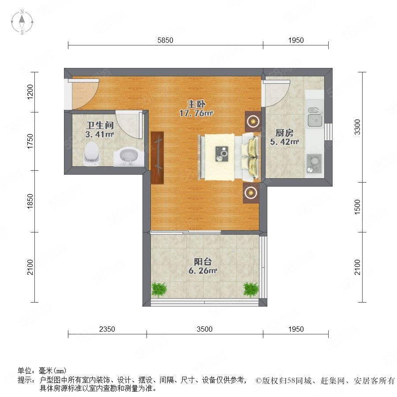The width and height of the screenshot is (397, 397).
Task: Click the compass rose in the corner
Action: (22, 22)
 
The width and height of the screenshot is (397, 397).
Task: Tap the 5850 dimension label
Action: (165, 40)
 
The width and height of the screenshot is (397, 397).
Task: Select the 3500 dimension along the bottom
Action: (205, 329)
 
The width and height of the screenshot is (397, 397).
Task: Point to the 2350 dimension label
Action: (107, 329)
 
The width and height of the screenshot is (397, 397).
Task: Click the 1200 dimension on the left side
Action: (30, 92)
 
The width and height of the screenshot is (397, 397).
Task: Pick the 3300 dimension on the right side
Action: (357, 127)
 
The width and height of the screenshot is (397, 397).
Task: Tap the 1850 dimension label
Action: (30, 201)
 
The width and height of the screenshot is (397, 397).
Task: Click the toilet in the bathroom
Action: (91, 154)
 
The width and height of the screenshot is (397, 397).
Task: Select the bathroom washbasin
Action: (129, 157)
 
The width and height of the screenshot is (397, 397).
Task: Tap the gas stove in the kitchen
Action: (314, 164)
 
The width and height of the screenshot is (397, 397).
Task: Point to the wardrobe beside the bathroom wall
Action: (157, 158)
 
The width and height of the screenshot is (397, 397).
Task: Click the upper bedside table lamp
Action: (253, 121)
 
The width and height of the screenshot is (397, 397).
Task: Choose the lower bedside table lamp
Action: (251, 193)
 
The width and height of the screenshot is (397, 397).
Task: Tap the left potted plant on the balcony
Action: (159, 290)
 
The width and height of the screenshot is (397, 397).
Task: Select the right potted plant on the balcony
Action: (251, 290)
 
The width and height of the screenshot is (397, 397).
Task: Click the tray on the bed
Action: (222, 154)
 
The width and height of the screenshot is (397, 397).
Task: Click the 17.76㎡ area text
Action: (196, 113)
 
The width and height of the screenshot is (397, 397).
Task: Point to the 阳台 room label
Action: (203, 262)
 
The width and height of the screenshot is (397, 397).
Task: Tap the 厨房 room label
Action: (285, 133)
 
